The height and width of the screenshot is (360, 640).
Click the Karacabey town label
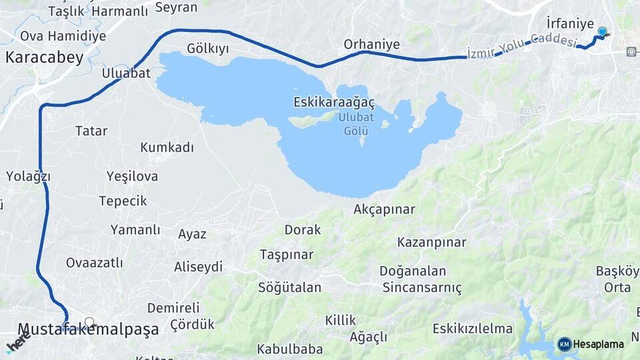[x=45, y=57]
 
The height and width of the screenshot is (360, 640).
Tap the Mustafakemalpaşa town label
[x=89, y=329]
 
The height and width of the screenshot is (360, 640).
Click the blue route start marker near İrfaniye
[x=603, y=32]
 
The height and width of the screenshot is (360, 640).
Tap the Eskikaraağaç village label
[x=334, y=103]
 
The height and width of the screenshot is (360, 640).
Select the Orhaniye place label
[x=372, y=45]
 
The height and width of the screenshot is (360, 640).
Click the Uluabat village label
[x=126, y=73]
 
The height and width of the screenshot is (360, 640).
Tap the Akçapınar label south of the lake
[x=385, y=209]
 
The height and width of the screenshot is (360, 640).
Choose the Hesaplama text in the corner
[x=598, y=345]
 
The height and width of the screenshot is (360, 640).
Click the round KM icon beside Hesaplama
[x=565, y=345]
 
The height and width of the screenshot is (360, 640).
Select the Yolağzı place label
[x=28, y=177]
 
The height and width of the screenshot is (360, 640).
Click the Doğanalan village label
[x=413, y=271]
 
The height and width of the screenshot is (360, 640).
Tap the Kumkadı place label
[x=167, y=147]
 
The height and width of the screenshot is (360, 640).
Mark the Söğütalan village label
[x=290, y=288]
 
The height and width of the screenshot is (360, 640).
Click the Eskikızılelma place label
[x=473, y=329]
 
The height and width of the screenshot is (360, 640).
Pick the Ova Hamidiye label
[x=63, y=36]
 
